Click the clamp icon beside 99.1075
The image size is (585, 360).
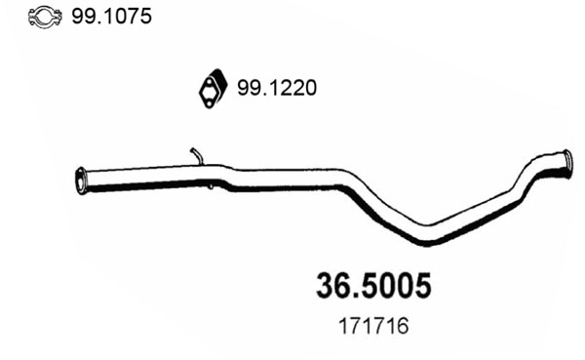[44, 17]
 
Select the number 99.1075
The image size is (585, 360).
[108, 17]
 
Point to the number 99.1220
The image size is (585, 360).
[277, 88]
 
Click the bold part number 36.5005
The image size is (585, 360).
[373, 286]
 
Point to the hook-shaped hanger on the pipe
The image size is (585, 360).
[196, 156]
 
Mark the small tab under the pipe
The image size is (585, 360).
[209, 186]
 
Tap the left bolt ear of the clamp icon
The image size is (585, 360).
[32, 18]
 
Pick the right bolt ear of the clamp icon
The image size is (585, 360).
[57, 18]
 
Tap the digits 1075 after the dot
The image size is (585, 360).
[124, 17]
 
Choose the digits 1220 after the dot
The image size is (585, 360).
[292, 88]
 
